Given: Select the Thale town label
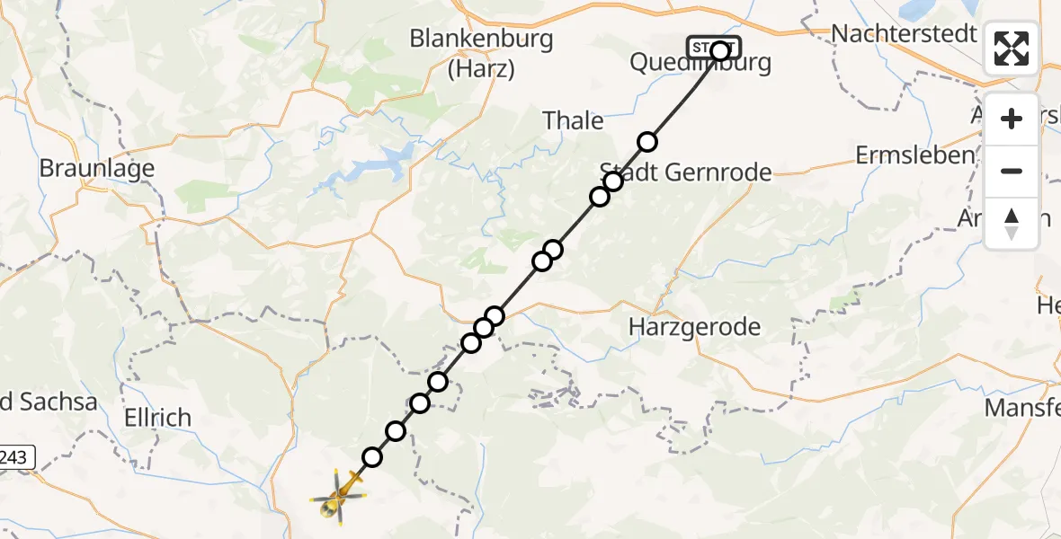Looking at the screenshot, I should click(573, 120).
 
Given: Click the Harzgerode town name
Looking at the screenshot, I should click(695, 327).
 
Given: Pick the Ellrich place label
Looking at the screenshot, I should click(158, 418).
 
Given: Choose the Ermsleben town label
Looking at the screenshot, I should click(914, 155).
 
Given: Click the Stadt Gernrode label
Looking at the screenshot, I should click(685, 172).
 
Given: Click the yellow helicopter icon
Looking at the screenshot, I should click(341, 492).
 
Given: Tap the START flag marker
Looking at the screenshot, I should click(714, 47).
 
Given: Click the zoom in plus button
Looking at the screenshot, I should click(1012, 119).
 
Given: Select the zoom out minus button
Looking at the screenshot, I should click(1012, 171).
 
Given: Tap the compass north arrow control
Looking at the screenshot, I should click(1012, 223).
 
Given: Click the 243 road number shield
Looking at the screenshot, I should click(15, 457).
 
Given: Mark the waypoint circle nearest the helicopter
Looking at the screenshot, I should click(371, 457).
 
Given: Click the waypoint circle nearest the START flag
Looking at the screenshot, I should click(647, 141).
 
